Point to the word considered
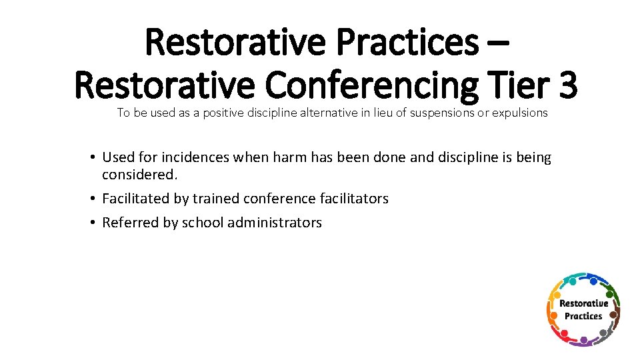(139, 174)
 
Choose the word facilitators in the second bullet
(353, 199)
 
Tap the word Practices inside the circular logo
(583, 316)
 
